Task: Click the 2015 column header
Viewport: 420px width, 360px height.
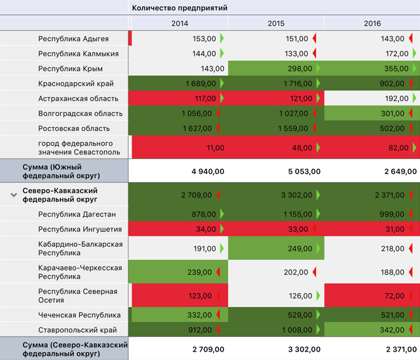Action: pyautogui.click(x=276, y=23)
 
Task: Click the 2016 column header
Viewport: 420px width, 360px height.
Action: pyautogui.click(x=372, y=23)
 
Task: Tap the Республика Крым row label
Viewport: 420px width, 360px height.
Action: pyautogui.click(x=71, y=68)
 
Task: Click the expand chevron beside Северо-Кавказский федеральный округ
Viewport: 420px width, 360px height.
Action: pyautogui.click(x=13, y=194)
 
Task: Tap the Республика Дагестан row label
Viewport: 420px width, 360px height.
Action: pyautogui.click(x=77, y=214)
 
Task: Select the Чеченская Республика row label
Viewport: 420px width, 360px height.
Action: pyautogui.click(x=80, y=315)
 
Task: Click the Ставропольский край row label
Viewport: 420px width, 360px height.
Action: pyautogui.click(x=78, y=330)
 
